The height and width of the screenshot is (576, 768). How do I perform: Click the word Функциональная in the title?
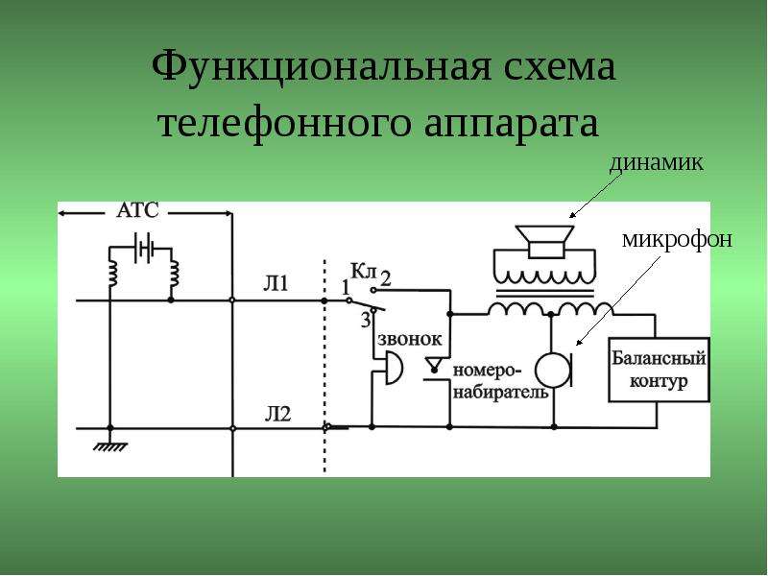point(321,66)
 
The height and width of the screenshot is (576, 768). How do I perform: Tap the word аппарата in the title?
point(511,124)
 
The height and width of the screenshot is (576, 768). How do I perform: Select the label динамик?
point(656,163)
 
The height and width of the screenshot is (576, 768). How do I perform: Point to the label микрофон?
point(678,239)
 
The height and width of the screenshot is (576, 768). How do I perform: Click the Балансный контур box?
point(659,370)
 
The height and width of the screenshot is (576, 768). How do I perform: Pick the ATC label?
point(138,210)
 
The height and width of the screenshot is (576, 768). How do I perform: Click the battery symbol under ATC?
point(143,248)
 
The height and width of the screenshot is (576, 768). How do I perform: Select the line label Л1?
point(276,284)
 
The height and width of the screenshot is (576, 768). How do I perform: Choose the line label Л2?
point(277,415)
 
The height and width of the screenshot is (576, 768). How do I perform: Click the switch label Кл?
point(363,272)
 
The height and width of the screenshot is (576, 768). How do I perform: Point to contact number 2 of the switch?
point(386,278)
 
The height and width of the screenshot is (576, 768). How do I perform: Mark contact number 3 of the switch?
point(366,320)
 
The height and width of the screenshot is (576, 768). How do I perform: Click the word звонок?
point(410,339)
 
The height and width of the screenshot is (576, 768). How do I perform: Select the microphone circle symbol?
point(555,371)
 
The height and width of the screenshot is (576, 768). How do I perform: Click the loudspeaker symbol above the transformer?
point(545,241)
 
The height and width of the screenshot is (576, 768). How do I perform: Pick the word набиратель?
point(500,393)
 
